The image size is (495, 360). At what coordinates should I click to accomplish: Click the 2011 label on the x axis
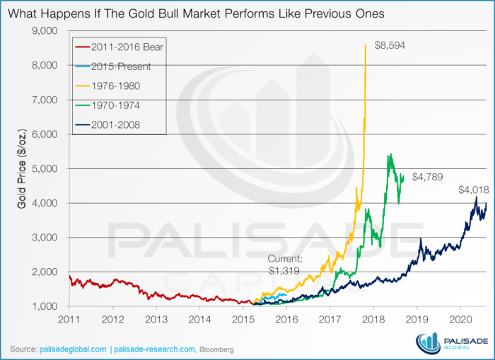69,320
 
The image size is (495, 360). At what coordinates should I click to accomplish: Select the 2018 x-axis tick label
373,320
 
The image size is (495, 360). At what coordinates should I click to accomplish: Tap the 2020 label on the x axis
460,320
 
